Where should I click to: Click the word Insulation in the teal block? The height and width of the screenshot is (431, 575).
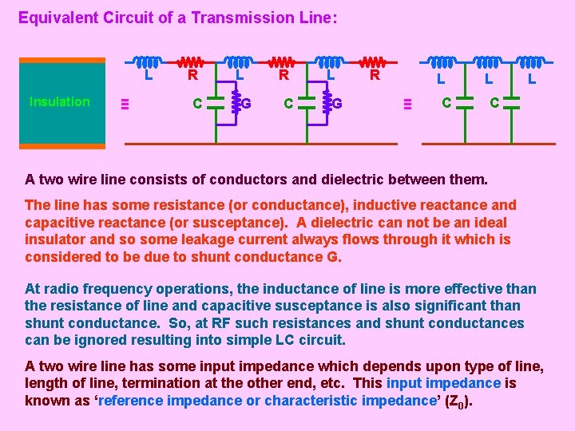[59, 102]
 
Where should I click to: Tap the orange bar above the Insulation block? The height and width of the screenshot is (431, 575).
[62, 60]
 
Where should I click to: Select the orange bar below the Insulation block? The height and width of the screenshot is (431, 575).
[62, 146]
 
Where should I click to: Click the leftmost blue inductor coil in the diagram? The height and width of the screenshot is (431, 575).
[146, 61]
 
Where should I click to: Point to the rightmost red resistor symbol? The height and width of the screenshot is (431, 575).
[373, 61]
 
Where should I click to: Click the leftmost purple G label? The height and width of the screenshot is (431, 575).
[247, 103]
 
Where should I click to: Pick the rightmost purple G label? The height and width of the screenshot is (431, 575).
[338, 103]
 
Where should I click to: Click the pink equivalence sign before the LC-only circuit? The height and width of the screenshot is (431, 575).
[406, 103]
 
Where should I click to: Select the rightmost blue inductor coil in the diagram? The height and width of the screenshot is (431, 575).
[531, 61]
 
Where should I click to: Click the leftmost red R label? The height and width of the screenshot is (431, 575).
[192, 77]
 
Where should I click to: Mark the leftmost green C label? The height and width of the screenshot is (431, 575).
[196, 103]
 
